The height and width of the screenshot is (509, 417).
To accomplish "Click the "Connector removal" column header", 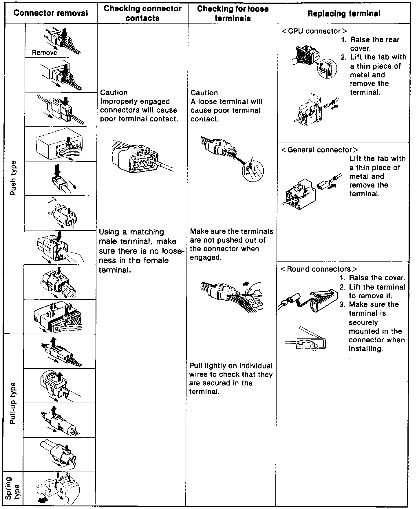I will (x=51, y=13).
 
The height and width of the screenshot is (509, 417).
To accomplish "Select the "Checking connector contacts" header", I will (x=142, y=13).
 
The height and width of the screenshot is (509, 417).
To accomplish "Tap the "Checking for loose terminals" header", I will (x=233, y=13).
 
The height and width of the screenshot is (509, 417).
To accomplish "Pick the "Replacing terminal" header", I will (x=344, y=14).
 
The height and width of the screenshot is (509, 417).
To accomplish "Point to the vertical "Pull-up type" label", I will (x=13, y=403).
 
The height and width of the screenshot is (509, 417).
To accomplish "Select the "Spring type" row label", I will (x=13, y=488).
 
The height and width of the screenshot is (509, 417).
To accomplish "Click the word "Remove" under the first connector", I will (x=44, y=53).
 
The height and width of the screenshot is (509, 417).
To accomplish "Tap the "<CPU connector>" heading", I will (x=314, y=31).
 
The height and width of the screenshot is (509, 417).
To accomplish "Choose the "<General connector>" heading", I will (x=319, y=150).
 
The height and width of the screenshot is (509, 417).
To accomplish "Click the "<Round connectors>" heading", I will (x=319, y=269).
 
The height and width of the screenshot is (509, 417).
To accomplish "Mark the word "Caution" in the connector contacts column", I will (x=114, y=92).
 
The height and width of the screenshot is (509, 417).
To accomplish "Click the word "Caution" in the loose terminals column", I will (x=204, y=93).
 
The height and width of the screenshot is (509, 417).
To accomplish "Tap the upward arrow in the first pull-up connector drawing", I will (x=53, y=342).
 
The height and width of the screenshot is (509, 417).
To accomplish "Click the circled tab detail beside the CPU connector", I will (x=327, y=69).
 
